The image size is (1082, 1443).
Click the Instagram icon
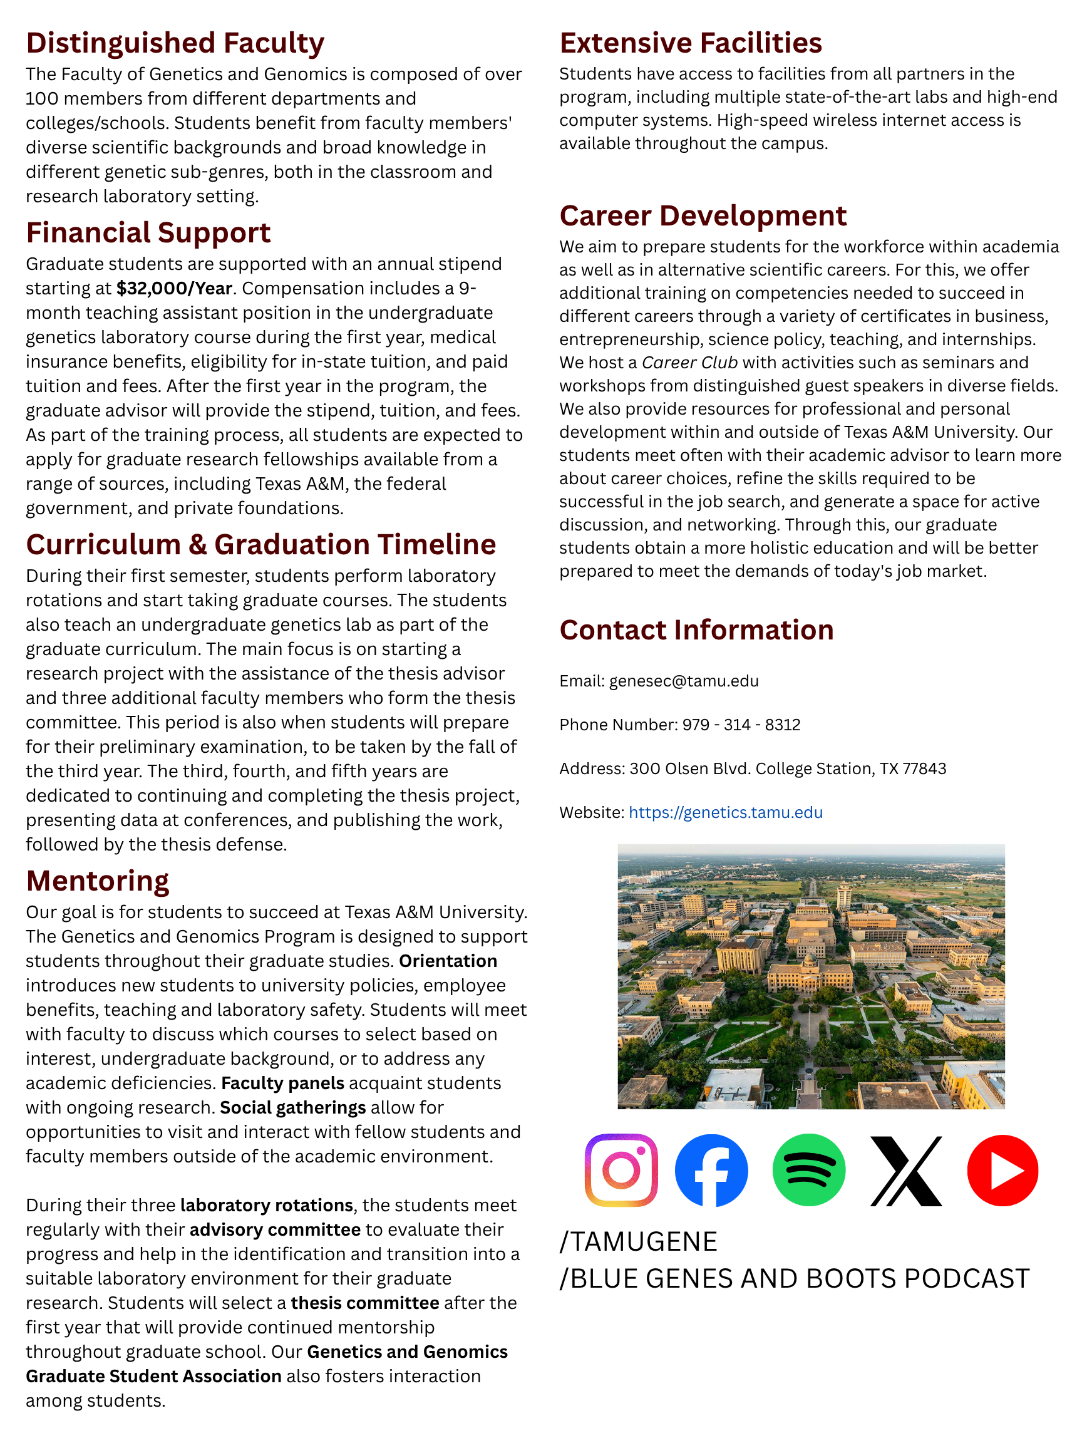[x=621, y=1170]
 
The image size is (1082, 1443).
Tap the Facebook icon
[x=711, y=1170]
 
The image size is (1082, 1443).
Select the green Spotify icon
[x=809, y=1170]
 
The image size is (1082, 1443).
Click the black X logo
[x=906, y=1171]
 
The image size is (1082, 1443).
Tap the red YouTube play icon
[x=1002, y=1170]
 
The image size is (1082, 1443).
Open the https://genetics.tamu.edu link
[x=725, y=812]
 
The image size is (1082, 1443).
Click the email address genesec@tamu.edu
[x=684, y=681]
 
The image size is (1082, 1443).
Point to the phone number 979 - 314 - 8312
[x=741, y=725]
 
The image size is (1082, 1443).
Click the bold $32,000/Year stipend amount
[x=174, y=288]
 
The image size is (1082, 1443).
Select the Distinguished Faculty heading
[x=175, y=43]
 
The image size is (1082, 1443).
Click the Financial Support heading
[x=148, y=233]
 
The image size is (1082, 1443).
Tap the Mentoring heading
[x=98, y=881]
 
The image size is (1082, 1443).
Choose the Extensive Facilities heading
[x=690, y=43]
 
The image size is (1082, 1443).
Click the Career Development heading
[x=703, y=216]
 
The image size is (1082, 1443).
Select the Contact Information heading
[x=696, y=630]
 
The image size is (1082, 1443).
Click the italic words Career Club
[x=689, y=363]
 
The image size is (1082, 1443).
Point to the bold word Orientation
[x=448, y=961]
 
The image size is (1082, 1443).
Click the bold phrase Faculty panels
[x=282, y=1083]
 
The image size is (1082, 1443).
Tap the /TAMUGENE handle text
[x=639, y=1241]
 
